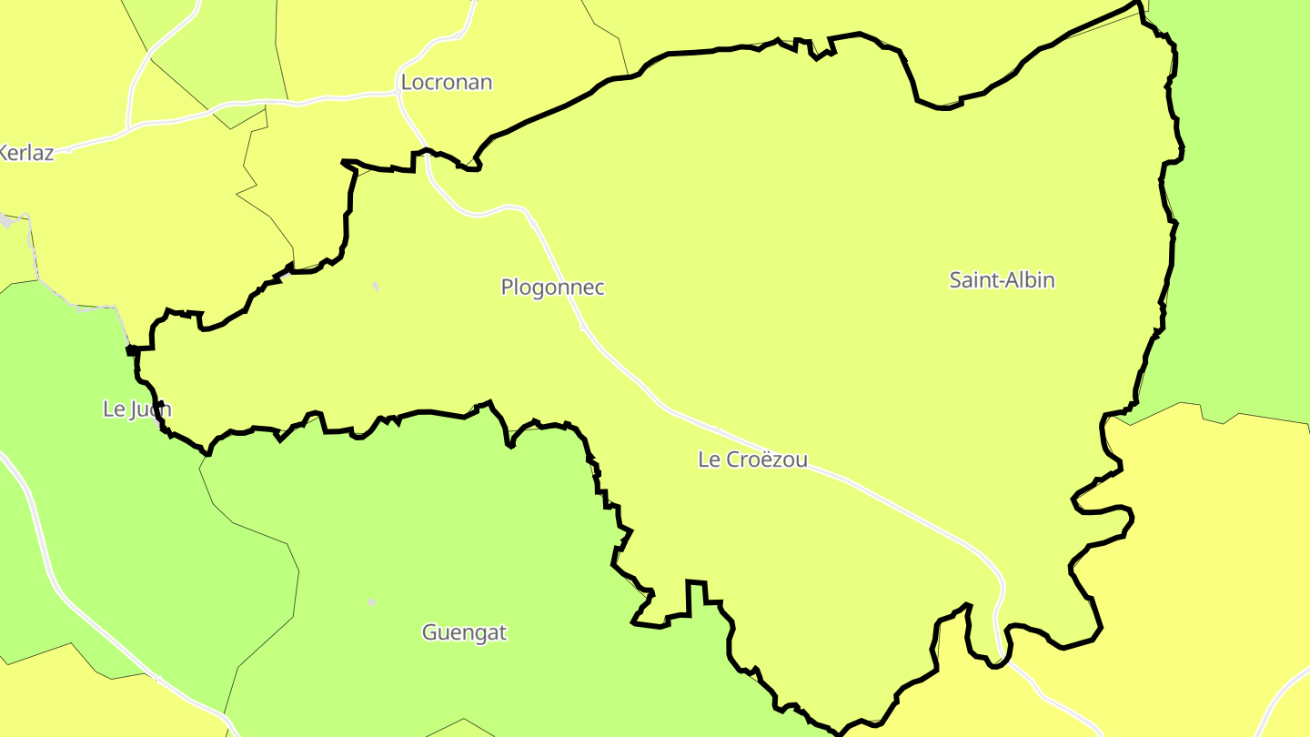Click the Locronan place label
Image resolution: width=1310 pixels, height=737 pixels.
pyautogui.click(x=446, y=83)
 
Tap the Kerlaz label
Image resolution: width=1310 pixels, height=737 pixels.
pyautogui.click(x=25, y=153)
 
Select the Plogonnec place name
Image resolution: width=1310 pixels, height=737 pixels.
pyautogui.click(x=552, y=288)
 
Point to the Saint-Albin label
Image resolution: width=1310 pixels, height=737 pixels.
pyautogui.click(x=1002, y=280)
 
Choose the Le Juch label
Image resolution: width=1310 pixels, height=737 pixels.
pyautogui.click(x=136, y=409)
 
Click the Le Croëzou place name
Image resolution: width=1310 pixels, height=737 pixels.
pyautogui.click(x=752, y=459)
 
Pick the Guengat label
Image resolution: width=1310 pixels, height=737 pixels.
pyautogui.click(x=464, y=632)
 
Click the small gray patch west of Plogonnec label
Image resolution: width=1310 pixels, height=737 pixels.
pyautogui.click(x=376, y=287)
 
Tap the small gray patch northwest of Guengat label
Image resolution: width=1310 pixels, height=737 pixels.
pyautogui.click(x=371, y=602)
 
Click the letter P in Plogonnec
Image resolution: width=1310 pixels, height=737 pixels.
pyautogui.click(x=507, y=288)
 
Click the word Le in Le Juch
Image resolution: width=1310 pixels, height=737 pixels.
pyautogui.click(x=114, y=409)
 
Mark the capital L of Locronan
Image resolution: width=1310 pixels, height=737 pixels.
pyautogui.click(x=406, y=83)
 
